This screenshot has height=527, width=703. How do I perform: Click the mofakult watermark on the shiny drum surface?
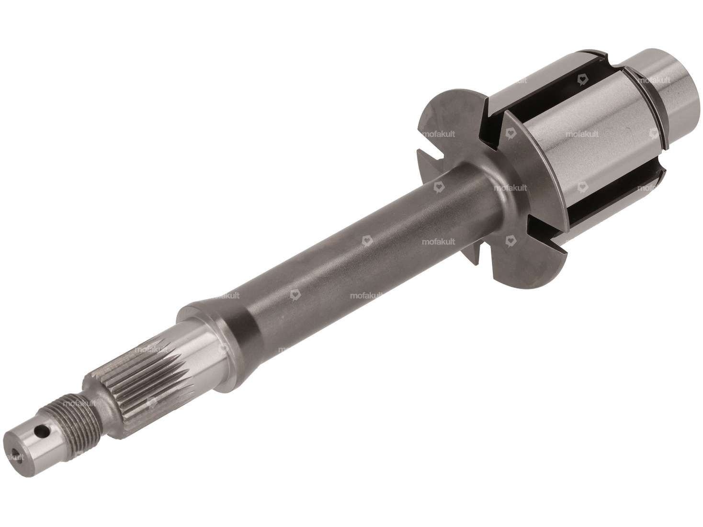click(x=581, y=135)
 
